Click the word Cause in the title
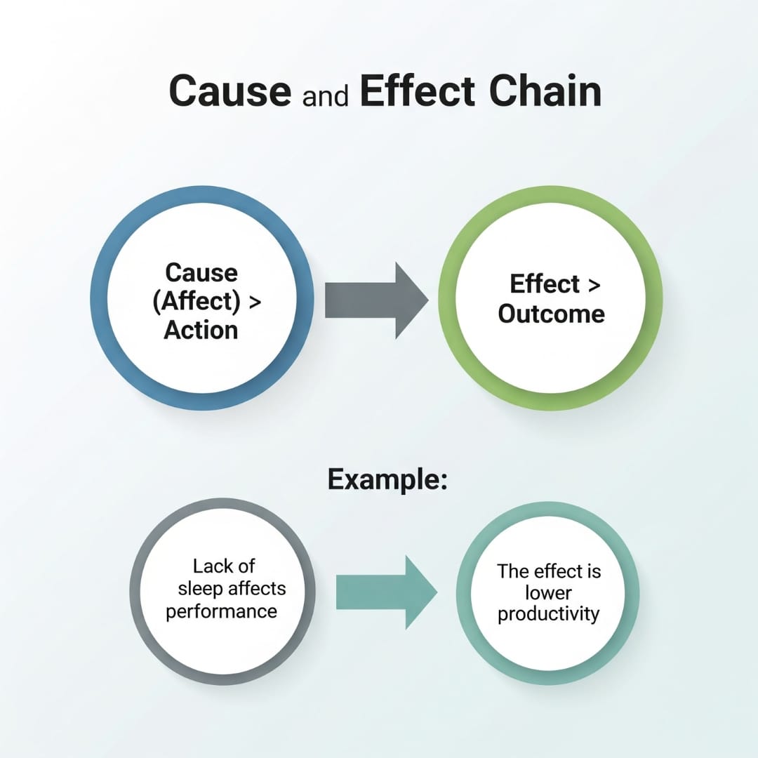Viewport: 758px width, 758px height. [x=230, y=92]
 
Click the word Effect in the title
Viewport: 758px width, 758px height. [x=417, y=92]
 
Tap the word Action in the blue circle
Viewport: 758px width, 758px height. [x=201, y=329]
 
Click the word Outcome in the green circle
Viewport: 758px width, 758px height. [x=551, y=314]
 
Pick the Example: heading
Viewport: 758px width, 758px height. [x=387, y=480]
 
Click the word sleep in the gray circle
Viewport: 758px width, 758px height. [x=203, y=588]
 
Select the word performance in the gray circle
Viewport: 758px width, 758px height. [x=221, y=611]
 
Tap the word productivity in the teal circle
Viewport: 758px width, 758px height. [x=548, y=614]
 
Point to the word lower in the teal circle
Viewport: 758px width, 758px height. [x=548, y=592]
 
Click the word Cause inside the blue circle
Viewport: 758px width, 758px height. [x=201, y=272]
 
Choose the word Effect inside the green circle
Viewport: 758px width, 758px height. [x=544, y=285]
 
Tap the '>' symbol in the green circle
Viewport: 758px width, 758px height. [x=593, y=286]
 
